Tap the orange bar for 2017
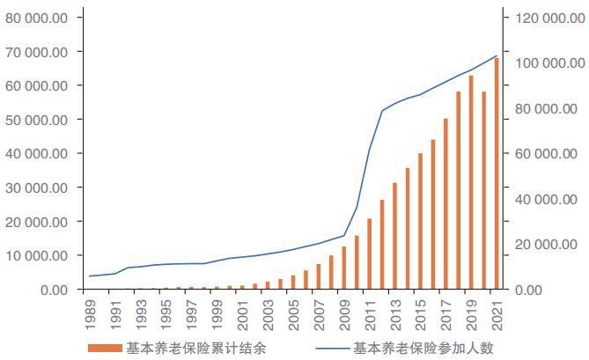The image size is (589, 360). (445, 203)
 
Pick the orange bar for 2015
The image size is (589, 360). (420, 221)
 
